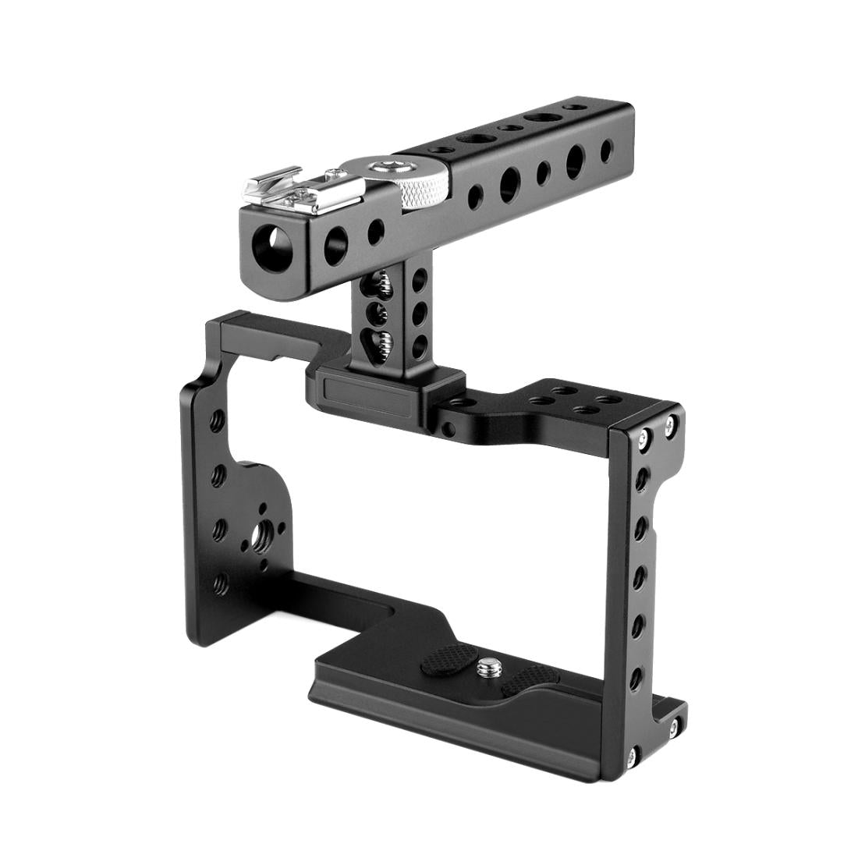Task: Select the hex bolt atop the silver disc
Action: pos(385,165)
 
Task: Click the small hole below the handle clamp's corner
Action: pos(447,428)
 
